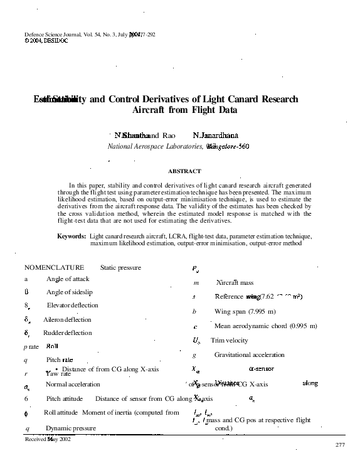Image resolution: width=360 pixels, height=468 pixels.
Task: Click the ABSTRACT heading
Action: [184, 171]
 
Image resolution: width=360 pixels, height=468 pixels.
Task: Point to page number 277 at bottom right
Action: [341, 445]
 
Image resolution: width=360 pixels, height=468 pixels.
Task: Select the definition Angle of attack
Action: [68, 279]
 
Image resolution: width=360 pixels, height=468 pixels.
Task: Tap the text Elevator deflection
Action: [73, 306]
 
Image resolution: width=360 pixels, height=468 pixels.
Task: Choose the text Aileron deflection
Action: [67, 319]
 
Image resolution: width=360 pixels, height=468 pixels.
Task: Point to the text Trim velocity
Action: [230, 341]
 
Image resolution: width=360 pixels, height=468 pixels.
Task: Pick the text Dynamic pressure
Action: [71, 428]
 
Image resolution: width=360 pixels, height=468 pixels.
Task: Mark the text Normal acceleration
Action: [73, 384]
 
